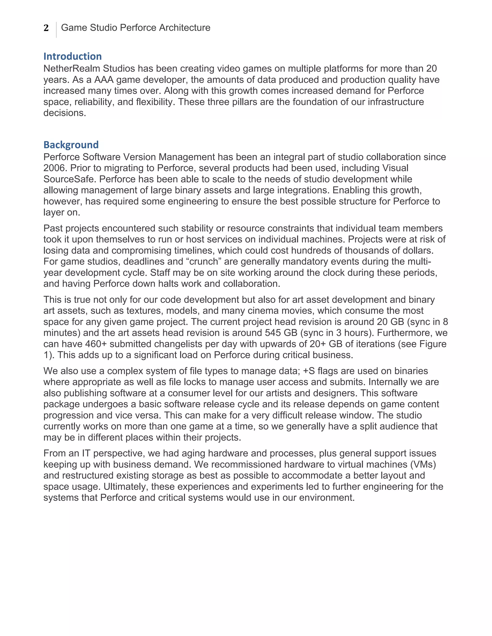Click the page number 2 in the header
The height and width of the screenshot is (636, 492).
click(x=46, y=28)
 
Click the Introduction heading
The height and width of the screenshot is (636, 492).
click(x=73, y=56)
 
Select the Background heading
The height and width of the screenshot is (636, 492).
click(x=71, y=145)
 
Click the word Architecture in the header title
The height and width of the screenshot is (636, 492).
click(x=185, y=28)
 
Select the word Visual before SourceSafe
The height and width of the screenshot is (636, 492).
click(x=395, y=168)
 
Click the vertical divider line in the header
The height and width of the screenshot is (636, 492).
click(x=56, y=30)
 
